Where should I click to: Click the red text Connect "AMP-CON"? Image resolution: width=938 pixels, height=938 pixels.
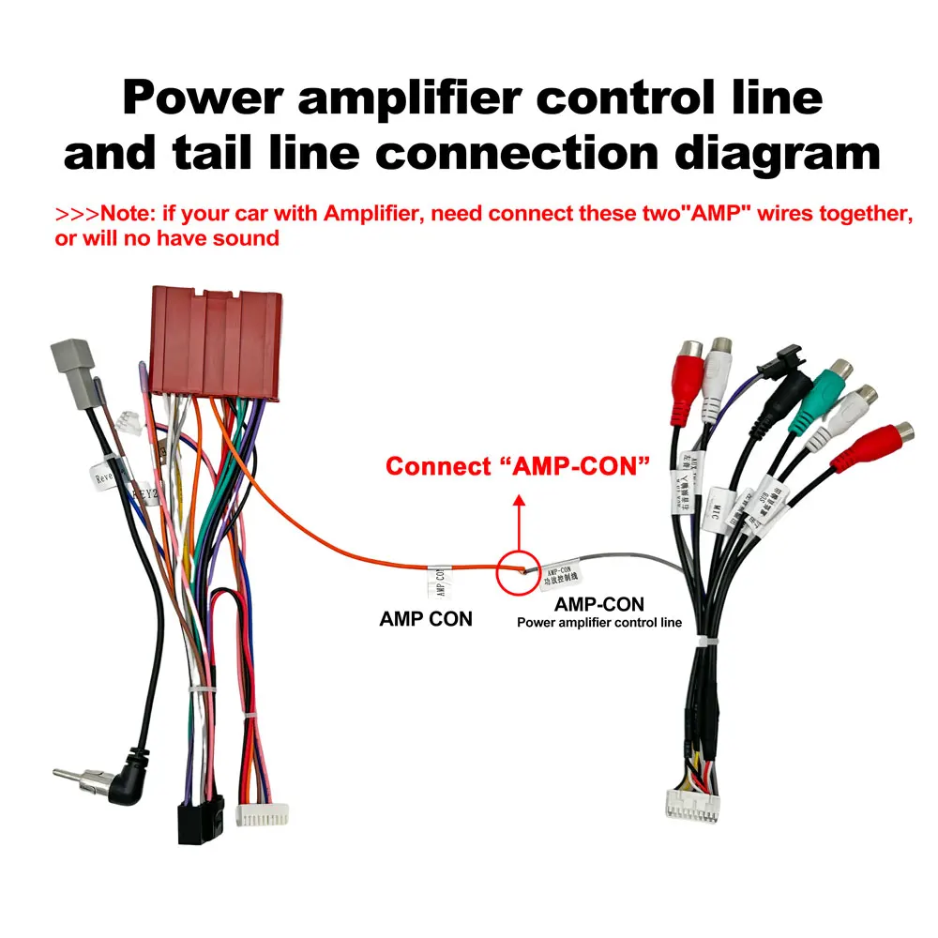pos(518,466)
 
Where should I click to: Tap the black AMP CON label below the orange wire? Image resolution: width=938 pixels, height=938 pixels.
pos(426,619)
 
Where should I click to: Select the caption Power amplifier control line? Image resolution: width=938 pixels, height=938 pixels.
pos(599,622)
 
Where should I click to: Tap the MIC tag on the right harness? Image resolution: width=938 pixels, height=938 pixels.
pos(718,511)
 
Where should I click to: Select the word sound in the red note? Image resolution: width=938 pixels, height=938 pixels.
pos(248,237)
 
